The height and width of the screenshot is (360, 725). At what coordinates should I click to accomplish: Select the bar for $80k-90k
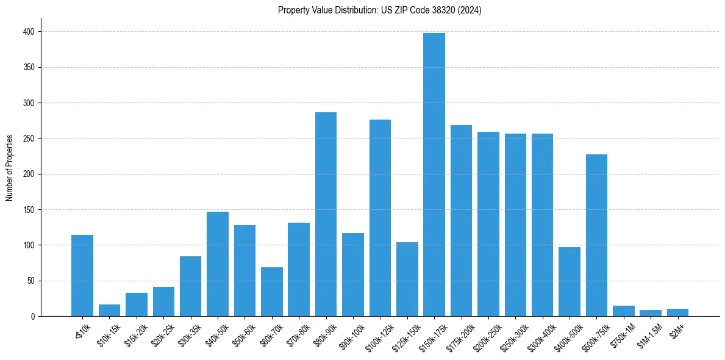pos(326,214)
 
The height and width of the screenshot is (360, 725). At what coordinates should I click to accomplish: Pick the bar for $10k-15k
pos(109,311)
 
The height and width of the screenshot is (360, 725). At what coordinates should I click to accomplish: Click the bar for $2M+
pos(677,312)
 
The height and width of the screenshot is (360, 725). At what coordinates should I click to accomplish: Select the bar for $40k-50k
pos(218,264)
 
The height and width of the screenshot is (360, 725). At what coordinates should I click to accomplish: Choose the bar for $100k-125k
pos(380,218)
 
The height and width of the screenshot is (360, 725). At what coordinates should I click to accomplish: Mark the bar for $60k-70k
pos(271,292)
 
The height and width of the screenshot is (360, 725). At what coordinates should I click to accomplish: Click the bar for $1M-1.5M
pos(650,313)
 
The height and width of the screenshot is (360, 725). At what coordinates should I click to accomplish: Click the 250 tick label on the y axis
pos(29,139)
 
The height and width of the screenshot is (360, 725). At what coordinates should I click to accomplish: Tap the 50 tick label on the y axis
pos(30,281)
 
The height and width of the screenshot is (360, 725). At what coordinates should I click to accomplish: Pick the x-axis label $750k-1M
pos(622,335)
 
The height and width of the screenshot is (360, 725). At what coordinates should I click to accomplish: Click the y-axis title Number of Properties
pos(9,167)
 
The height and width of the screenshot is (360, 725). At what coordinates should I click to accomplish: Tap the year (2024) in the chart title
pos(470,10)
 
